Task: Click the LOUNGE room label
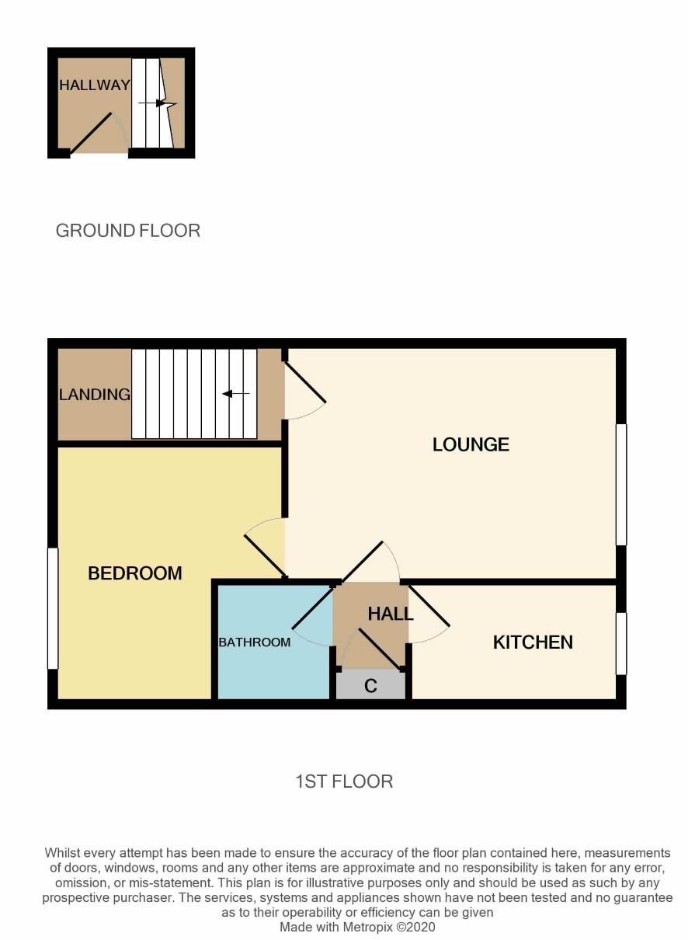coord(471,444)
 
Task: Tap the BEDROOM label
coord(135,573)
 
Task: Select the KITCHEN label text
coord(533,642)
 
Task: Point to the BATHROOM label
coord(255,642)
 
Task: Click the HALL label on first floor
coord(390,614)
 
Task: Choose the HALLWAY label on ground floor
coord(95,85)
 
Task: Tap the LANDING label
coord(95,395)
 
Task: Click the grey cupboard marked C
coord(371,686)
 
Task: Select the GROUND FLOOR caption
coord(128,231)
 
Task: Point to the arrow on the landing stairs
coord(236,394)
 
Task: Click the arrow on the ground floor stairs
coord(158,103)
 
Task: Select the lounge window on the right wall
coord(621,485)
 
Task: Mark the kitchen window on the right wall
coord(621,644)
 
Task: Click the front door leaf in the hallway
coord(91,133)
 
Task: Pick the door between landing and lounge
coord(305,382)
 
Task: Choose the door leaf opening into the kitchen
coord(429,607)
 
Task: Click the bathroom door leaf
coord(312,608)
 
